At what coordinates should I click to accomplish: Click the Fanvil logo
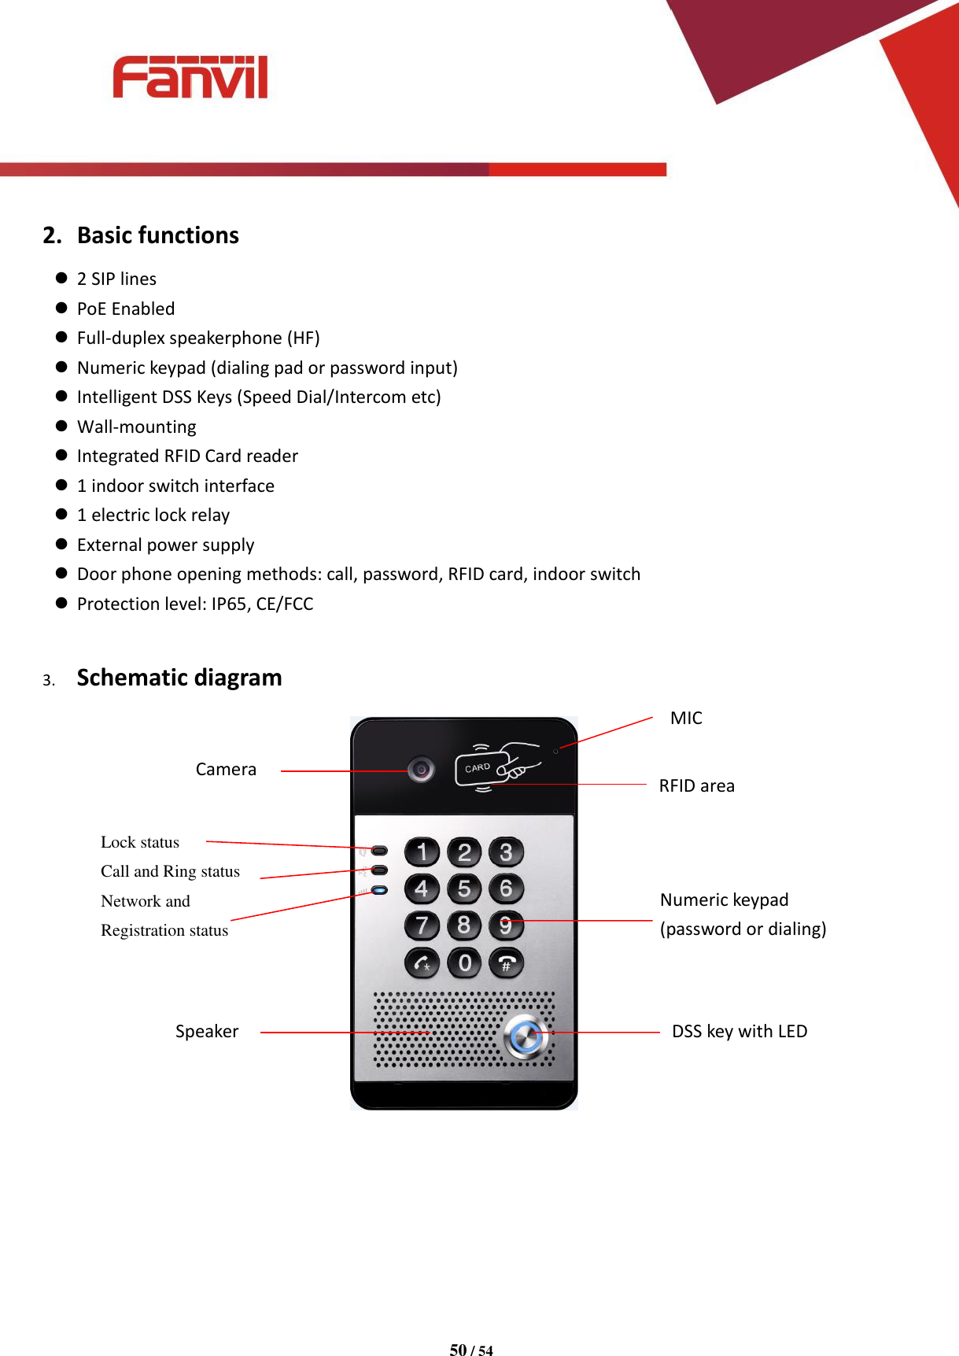(190, 77)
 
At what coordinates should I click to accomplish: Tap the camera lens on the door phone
(422, 769)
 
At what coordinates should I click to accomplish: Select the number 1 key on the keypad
(422, 852)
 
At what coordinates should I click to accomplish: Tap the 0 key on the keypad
(464, 963)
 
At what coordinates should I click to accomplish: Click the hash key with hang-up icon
(506, 963)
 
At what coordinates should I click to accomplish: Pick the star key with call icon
(422, 963)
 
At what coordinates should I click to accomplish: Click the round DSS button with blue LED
(525, 1036)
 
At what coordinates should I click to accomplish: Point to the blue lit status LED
(380, 890)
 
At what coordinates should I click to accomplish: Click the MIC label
(686, 718)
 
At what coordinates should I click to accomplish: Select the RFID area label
(696, 785)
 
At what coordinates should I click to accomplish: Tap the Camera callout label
(226, 769)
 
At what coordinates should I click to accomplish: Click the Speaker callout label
(206, 1031)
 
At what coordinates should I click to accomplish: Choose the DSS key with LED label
(739, 1031)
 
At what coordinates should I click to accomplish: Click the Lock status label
(140, 842)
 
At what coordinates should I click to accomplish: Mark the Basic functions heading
(157, 235)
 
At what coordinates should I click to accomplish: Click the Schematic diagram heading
(179, 678)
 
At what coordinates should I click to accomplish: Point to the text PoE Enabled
(126, 309)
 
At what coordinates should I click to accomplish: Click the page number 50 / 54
(471, 1350)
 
